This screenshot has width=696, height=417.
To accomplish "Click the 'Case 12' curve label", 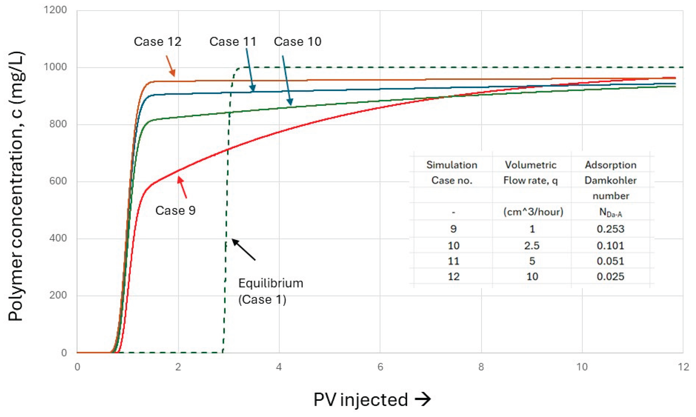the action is tap(157, 42).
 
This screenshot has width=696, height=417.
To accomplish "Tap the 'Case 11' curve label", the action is tap(233, 42).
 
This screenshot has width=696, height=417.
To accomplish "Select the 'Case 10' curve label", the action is tap(297, 42).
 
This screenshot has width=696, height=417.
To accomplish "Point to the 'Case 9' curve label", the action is tap(175, 210).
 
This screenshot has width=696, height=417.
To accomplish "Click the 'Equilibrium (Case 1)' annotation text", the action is tap(271, 292).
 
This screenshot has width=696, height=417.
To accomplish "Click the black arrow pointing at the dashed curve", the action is tap(244, 249).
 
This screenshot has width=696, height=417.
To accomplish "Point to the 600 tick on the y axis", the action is tap(58, 181).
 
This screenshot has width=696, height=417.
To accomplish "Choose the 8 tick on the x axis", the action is tap(481, 367).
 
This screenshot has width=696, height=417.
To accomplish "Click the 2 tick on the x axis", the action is tap(178, 367).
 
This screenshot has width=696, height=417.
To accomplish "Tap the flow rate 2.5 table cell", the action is tap(532, 246).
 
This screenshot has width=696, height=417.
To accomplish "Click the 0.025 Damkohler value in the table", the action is tap(610, 276).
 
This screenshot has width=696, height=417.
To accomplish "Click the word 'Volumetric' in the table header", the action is tap(531, 165).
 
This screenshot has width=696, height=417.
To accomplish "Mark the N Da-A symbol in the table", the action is tap(611, 213).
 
